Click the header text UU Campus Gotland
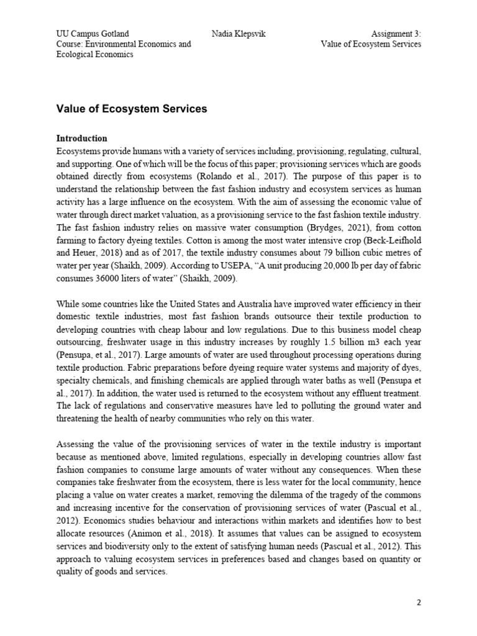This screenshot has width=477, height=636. [93, 34]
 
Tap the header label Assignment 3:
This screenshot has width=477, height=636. [396, 34]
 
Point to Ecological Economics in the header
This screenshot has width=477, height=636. [94, 55]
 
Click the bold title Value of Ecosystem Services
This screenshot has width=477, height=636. [132, 109]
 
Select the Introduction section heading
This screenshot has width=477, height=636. [82, 138]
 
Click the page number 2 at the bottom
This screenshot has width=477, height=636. [418, 602]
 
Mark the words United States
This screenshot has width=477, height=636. [193, 304]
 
